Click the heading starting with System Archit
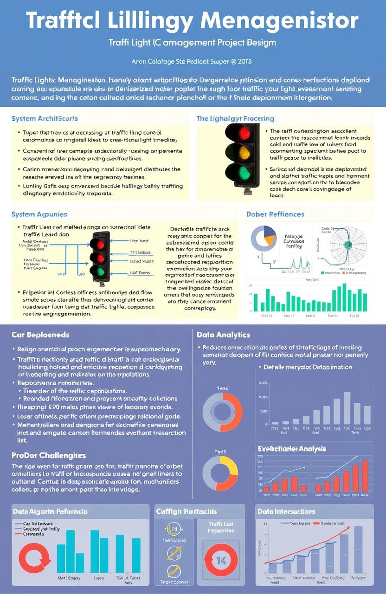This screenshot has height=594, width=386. point(45,119)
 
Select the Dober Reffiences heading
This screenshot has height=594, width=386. point(276,214)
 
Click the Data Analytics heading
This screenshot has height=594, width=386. point(223,335)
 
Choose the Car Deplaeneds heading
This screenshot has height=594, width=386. point(40,335)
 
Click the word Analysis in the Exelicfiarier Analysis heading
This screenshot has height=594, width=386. point(311,449)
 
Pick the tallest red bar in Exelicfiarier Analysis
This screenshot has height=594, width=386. point(365,476)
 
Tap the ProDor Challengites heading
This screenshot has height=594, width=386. point(49,455)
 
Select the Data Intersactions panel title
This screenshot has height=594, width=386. point(286,511)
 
